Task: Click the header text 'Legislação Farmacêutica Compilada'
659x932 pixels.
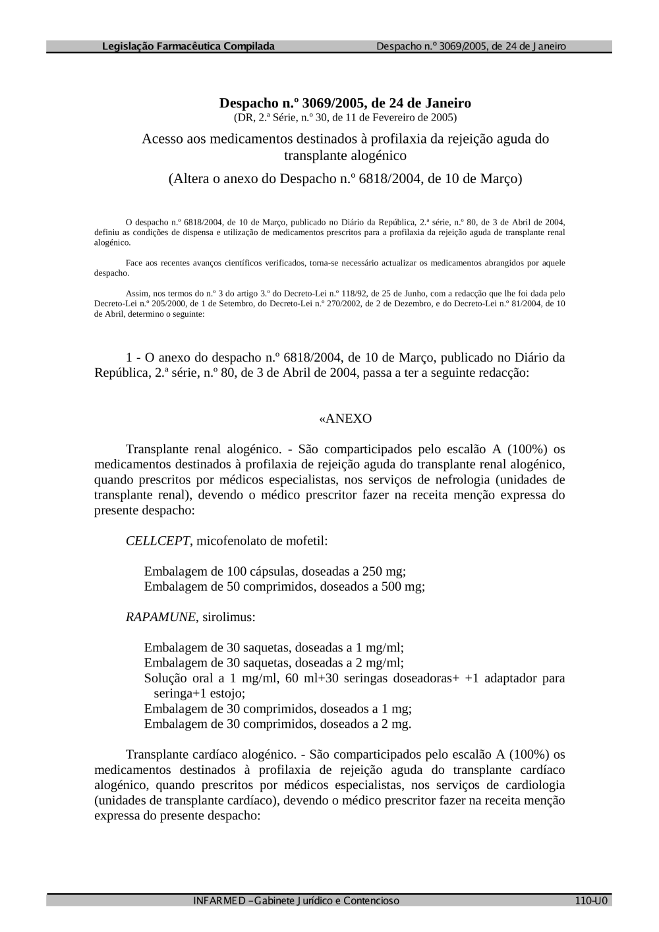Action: point(188,47)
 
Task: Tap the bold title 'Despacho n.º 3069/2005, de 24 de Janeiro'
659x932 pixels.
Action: point(345,103)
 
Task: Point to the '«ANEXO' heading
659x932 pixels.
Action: point(345,419)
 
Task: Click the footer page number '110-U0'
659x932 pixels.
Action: point(590,901)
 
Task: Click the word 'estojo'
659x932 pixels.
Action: point(226,694)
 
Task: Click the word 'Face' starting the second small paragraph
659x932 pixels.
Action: point(133,263)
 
